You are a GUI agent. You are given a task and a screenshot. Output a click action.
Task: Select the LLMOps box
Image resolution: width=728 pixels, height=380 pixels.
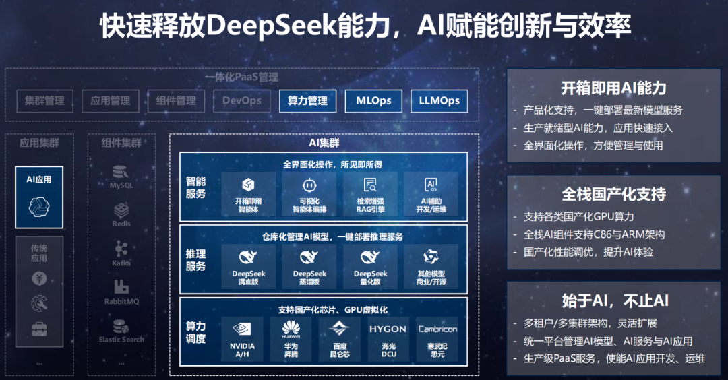click(x=439, y=101)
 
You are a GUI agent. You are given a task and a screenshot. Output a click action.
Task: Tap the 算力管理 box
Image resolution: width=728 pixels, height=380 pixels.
click(x=307, y=101)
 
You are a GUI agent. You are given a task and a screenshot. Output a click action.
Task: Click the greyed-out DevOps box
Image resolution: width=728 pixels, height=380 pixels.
click(x=242, y=101)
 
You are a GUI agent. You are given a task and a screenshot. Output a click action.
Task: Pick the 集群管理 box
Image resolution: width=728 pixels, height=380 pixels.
click(x=44, y=101)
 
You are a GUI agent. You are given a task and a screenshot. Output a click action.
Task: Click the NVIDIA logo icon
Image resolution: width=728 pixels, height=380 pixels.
click(x=242, y=329)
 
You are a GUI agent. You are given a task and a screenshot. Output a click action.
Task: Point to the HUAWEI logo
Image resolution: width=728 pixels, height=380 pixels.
click(x=291, y=329)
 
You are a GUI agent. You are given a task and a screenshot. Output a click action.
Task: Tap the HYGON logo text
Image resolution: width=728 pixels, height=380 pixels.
click(x=388, y=329)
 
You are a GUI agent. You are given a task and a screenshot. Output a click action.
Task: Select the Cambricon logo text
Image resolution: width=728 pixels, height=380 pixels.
click(x=437, y=329)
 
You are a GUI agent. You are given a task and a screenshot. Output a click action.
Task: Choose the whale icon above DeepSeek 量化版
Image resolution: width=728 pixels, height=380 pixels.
click(x=370, y=257)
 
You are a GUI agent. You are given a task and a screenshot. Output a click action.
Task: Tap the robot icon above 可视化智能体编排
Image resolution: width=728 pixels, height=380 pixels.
click(x=308, y=185)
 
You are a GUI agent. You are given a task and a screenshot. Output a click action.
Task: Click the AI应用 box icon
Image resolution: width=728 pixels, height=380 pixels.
click(x=38, y=207)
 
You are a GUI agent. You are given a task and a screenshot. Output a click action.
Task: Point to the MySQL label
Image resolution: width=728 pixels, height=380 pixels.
click(x=121, y=185)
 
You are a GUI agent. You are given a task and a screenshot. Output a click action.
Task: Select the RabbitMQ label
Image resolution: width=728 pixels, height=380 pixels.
click(x=121, y=301)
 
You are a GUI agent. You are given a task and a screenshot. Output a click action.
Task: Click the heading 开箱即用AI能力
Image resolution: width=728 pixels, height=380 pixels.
click(x=613, y=88)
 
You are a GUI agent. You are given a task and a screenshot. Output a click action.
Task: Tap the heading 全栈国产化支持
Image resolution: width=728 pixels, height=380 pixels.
click(x=613, y=195)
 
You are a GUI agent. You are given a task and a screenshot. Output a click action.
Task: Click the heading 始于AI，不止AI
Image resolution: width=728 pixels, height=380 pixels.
click(x=613, y=300)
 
